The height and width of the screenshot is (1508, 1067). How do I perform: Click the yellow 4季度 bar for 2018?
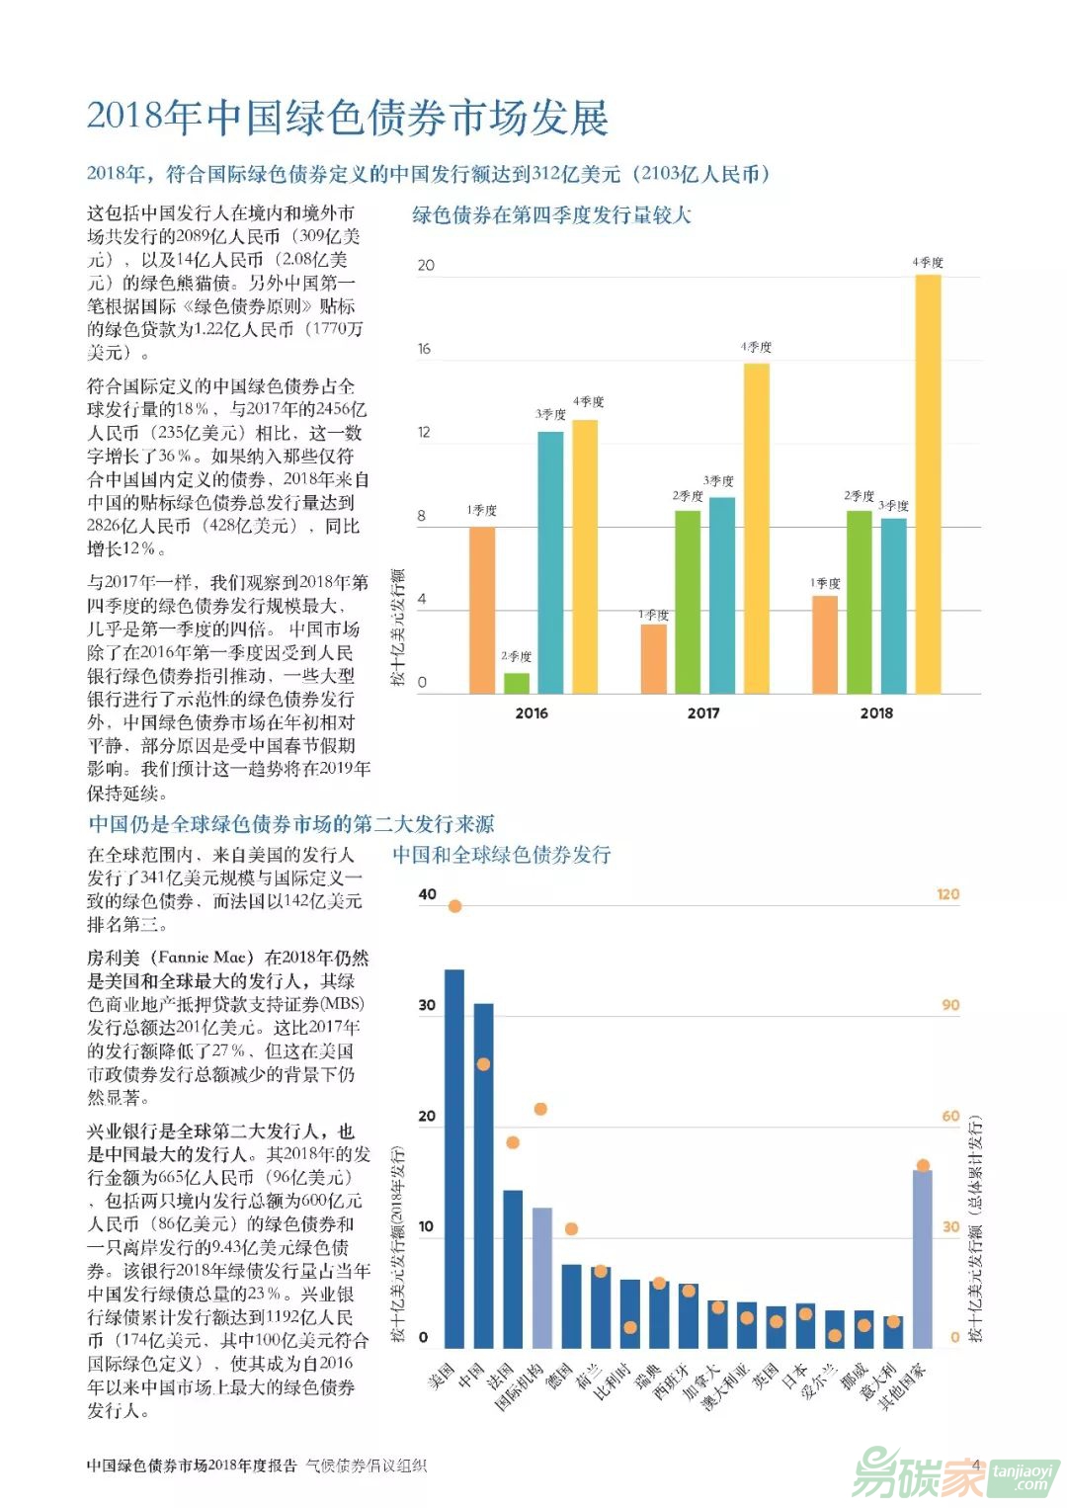click(928, 484)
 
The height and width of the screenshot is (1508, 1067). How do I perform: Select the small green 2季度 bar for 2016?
click(517, 683)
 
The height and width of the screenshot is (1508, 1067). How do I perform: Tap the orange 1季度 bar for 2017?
click(653, 658)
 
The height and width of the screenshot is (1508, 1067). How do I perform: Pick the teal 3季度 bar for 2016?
click(550, 562)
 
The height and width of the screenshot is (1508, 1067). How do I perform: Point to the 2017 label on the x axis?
click(703, 713)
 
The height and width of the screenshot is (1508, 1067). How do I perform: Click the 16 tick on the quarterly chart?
click(425, 349)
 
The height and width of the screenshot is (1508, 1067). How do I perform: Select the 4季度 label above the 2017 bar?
click(757, 348)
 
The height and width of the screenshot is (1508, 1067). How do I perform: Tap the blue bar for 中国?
click(483, 1176)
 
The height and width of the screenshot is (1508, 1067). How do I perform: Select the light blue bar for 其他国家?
click(922, 1259)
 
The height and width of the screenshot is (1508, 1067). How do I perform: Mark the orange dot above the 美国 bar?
click(454, 906)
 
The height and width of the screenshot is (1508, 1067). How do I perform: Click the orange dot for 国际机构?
click(540, 1109)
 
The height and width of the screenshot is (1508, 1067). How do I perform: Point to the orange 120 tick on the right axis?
click(947, 894)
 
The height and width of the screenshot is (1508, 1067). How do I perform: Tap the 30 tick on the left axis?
click(427, 1005)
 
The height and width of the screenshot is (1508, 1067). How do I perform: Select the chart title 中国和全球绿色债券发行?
click(502, 856)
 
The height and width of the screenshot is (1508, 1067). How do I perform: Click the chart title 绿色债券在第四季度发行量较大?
click(551, 215)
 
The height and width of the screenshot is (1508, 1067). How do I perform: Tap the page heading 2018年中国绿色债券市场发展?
click(347, 118)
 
